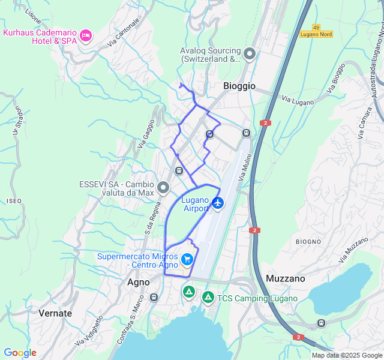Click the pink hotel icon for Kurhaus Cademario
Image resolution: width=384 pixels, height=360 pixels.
click(x=86, y=36)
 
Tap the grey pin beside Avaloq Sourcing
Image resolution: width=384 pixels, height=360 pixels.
click(x=250, y=55)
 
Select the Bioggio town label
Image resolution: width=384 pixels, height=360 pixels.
click(x=239, y=86)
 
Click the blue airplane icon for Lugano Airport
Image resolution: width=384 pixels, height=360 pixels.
click(x=218, y=203)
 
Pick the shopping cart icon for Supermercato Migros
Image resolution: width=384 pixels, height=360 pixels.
click(x=187, y=260)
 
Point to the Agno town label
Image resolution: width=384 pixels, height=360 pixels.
click(x=139, y=281)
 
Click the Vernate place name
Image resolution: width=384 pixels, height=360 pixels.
click(x=55, y=313)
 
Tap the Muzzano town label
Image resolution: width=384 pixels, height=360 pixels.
click(x=285, y=278)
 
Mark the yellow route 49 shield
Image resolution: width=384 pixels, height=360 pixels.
click(x=316, y=26)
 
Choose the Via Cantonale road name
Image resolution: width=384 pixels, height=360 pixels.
click(x=124, y=32)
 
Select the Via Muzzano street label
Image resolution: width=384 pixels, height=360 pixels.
click(x=353, y=250)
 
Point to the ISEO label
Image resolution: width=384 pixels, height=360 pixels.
click(x=14, y=200)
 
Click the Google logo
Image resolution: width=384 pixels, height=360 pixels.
click(x=20, y=353)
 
